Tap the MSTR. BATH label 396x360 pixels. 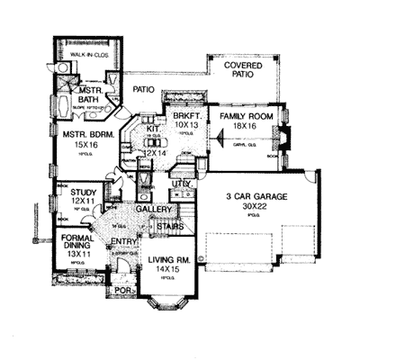click(87, 95)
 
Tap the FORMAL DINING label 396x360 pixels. click(80, 243)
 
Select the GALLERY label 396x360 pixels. click(153, 211)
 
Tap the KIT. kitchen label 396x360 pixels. click(151, 130)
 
